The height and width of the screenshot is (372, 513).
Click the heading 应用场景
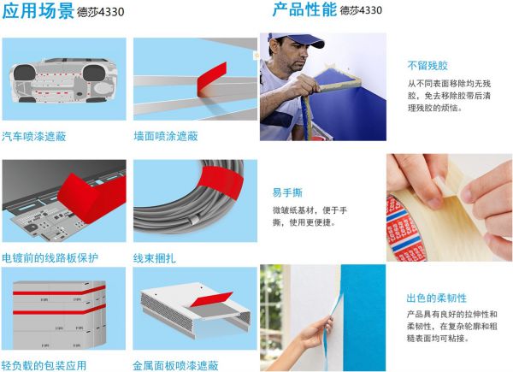point(38,11)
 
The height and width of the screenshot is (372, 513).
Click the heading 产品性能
point(304,9)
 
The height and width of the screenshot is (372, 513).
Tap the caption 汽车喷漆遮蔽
point(34,136)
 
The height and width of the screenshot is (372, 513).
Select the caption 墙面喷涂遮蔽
point(166,136)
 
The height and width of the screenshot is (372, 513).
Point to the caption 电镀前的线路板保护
point(50,257)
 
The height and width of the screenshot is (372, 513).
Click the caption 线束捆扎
point(155,258)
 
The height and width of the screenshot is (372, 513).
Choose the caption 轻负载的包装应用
point(44,365)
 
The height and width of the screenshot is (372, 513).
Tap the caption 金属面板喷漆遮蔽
point(175,365)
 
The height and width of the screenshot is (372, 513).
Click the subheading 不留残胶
point(427,66)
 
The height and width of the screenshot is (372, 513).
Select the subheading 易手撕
point(287,192)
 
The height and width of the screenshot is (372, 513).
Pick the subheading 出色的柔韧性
point(436,298)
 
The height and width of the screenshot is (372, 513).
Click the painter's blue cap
point(298,39)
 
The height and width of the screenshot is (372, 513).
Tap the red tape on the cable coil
point(221,181)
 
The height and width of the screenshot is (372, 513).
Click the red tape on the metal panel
point(211,299)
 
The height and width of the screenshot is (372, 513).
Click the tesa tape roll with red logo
point(404,229)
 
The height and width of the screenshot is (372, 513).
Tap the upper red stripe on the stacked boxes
point(59,291)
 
